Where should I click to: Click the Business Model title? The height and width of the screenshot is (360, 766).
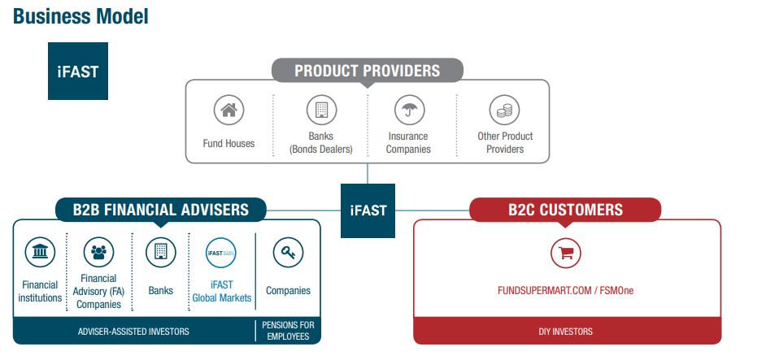81,15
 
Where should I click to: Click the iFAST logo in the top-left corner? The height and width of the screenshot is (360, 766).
78,71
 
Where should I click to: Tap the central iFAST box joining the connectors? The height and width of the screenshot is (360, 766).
368,210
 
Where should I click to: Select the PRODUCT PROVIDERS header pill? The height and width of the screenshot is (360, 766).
367,71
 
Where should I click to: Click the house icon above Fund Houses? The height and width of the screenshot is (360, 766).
228,110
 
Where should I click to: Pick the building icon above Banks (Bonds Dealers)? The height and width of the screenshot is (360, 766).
321,110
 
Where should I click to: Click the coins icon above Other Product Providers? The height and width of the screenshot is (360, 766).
504,110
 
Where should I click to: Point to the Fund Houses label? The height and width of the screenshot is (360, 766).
228,143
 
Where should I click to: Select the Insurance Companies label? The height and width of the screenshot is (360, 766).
408,143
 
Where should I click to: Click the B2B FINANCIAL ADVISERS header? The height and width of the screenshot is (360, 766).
160,210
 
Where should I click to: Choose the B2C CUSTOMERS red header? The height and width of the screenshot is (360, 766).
565,210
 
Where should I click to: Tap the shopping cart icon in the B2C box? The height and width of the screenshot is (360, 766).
566,253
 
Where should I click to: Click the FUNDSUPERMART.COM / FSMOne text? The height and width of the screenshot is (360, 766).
565,289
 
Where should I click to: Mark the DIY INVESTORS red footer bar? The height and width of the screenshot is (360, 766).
566,332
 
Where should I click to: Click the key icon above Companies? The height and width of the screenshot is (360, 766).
288,253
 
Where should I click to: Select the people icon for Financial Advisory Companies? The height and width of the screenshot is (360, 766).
98,253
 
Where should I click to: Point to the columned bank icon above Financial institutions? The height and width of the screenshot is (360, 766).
40,253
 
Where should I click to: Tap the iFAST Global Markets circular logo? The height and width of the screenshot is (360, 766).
221,253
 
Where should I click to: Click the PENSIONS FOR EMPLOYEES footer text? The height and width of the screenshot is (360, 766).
288,331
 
